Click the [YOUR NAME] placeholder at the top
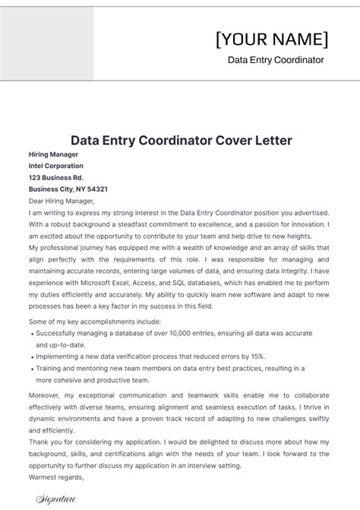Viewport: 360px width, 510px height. (272, 39)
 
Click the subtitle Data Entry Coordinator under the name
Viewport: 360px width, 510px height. (276, 60)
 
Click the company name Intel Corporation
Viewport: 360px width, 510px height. (56, 166)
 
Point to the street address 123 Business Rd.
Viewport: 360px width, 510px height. (56, 177)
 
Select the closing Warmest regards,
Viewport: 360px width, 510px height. (55, 477)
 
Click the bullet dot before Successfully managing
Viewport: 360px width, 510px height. (30, 333)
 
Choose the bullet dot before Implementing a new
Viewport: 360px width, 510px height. (30, 356)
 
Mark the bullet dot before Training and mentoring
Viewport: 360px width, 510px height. (30, 369)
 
